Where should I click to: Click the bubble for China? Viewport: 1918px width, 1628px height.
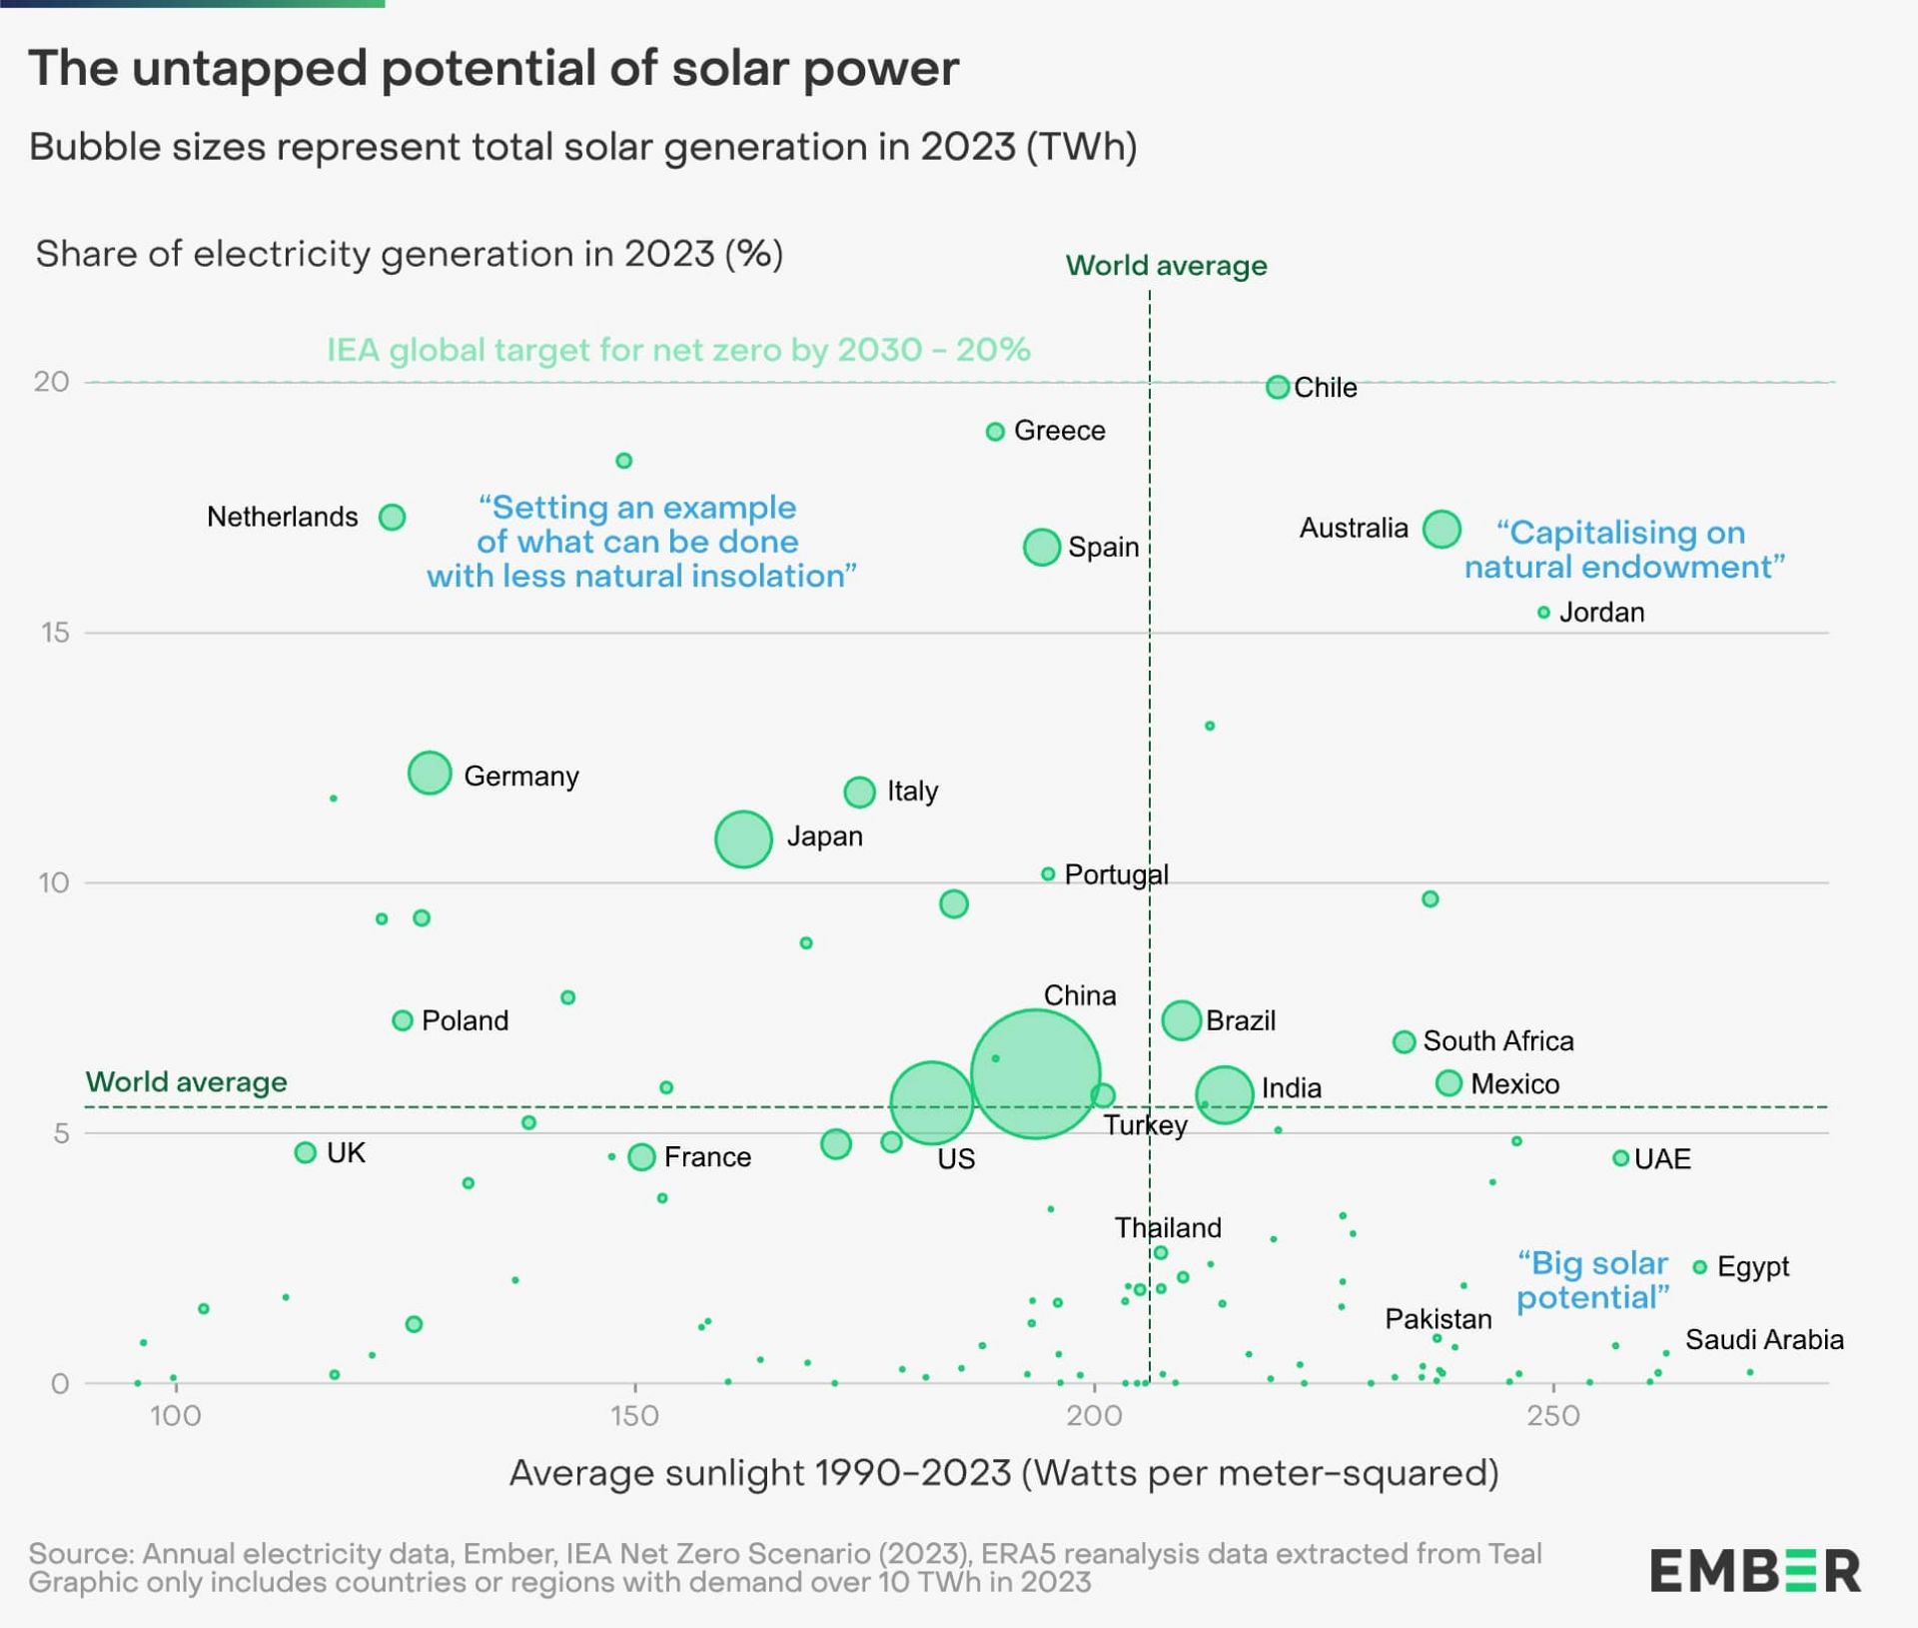coord(1035,1074)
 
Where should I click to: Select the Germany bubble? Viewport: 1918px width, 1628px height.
coord(430,773)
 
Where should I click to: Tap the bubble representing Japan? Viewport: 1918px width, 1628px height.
coord(743,838)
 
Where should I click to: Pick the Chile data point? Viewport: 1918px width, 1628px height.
coord(1277,387)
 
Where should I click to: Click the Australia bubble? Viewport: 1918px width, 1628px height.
coord(1441,528)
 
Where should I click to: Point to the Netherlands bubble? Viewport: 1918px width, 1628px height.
coord(393,517)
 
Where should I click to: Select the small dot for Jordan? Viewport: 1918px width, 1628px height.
coord(1543,612)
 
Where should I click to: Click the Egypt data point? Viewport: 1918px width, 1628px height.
coord(1699,1267)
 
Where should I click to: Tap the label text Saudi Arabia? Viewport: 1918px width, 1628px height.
coord(1764,1339)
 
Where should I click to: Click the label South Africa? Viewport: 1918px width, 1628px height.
coord(1497,1040)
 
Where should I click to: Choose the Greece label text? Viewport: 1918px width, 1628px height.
coord(1059,431)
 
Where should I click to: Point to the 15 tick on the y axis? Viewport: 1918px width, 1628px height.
coord(56,632)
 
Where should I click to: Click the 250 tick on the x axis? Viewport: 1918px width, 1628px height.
coord(1553,1415)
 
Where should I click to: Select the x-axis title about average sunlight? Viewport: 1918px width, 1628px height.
coord(1004,1472)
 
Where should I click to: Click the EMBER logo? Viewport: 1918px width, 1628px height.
coord(1754,1570)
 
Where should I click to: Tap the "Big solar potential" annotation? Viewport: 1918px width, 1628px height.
coord(1592,1280)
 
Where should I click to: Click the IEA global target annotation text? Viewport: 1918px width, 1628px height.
coord(678,350)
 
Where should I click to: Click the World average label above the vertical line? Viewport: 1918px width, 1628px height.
coord(1166,266)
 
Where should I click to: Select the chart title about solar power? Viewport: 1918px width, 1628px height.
coord(493,69)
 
